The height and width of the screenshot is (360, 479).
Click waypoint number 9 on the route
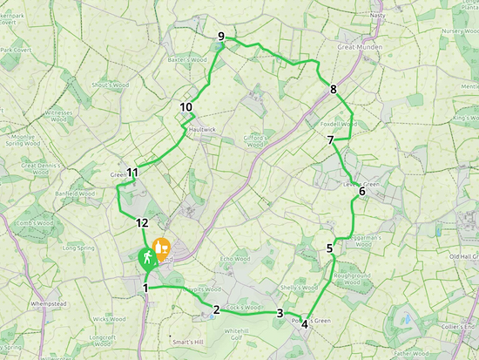coord(222,37)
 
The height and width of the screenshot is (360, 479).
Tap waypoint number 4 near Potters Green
coord(305,326)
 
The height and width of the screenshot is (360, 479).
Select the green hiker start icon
coord(146,257)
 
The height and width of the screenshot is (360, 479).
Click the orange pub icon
coord(161,248)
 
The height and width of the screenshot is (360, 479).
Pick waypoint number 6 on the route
coord(362,192)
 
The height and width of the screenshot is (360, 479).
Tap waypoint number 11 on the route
coord(132,173)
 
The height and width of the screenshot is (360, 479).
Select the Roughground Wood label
coord(354,279)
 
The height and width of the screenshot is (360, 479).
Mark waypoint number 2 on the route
coord(215,309)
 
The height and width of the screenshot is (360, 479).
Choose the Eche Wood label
coord(235,258)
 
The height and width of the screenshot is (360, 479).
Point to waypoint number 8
coord(334,90)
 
